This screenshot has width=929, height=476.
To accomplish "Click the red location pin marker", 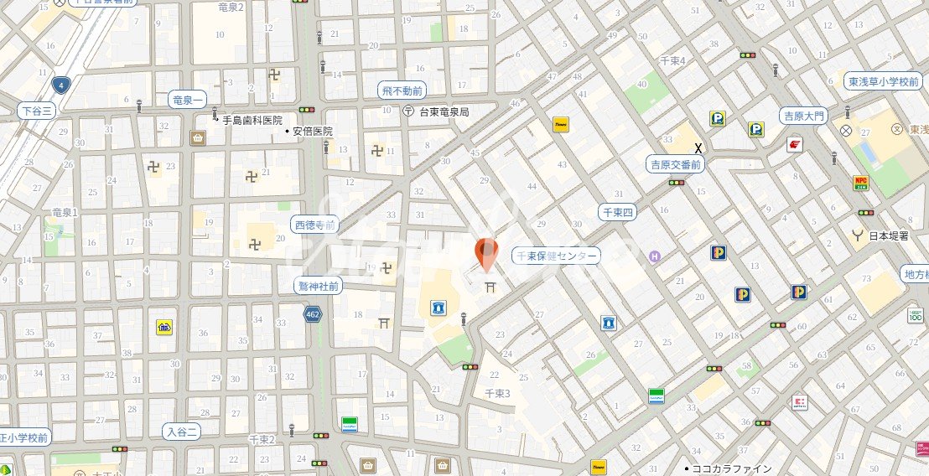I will [x=485, y=252].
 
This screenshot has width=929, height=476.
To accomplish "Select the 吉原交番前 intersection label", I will [x=676, y=165].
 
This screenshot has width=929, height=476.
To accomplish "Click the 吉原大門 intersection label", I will [x=802, y=116].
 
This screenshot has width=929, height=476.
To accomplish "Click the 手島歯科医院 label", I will [x=252, y=120].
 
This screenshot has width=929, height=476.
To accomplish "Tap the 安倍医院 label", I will [x=313, y=132].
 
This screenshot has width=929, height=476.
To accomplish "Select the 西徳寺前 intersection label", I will [x=315, y=225].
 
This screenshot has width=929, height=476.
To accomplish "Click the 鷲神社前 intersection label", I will [x=319, y=286].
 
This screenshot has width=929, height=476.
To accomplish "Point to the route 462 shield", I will [x=313, y=313].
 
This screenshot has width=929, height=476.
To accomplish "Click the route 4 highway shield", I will [x=60, y=85].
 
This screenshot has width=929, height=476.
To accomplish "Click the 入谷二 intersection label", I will [x=182, y=432].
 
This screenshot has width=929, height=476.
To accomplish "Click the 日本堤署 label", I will [x=888, y=235].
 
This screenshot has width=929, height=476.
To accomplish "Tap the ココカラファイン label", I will [x=731, y=468].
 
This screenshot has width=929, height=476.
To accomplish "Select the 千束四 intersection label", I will [x=619, y=213].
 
